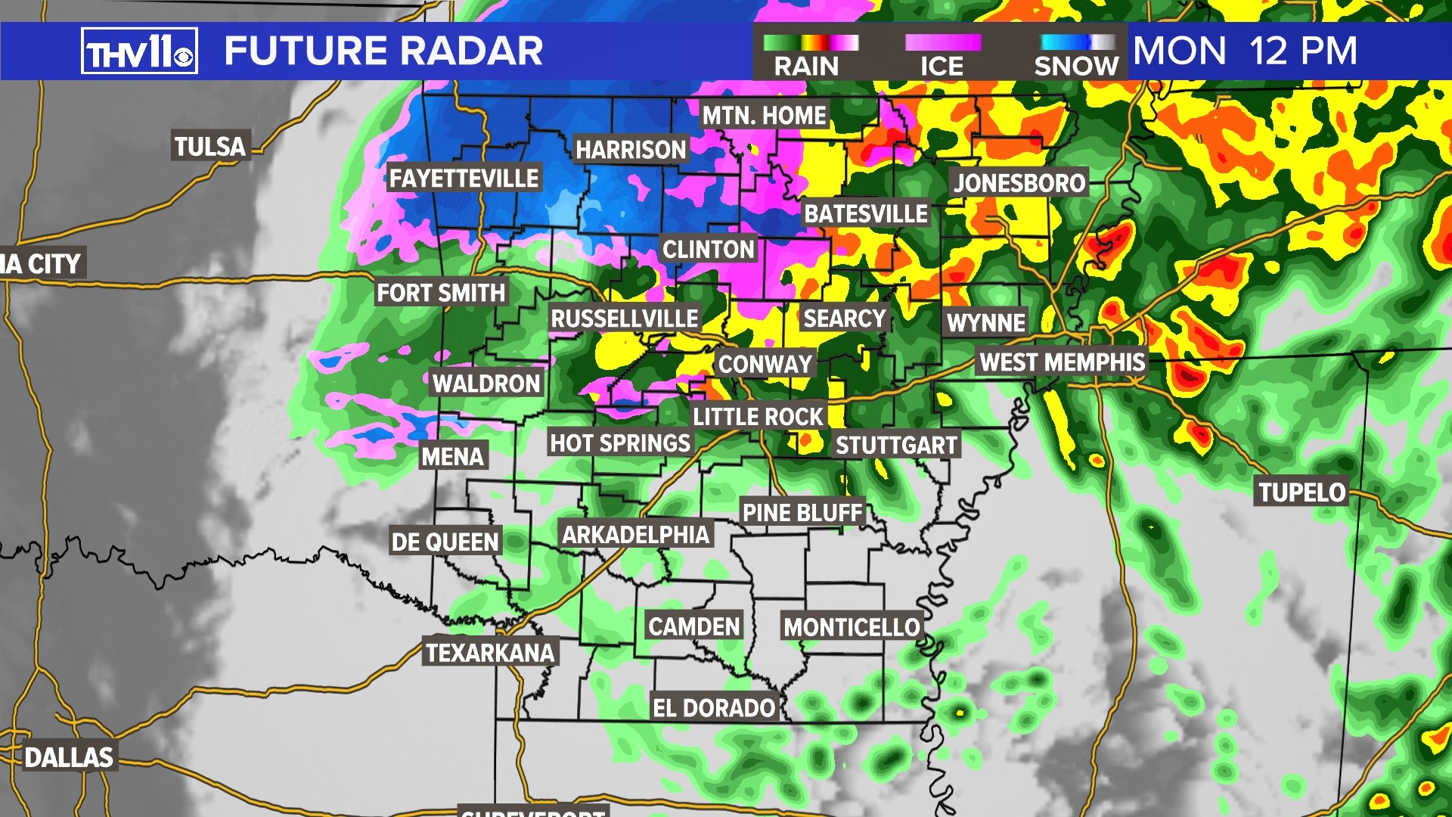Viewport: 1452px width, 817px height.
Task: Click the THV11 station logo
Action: tap(139, 51)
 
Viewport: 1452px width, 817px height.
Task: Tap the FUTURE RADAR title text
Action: tap(383, 51)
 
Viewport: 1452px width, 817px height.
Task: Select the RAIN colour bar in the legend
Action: tap(810, 42)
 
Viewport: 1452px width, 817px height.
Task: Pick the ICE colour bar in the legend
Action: tap(943, 42)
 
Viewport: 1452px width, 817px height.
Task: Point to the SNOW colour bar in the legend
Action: tap(1077, 42)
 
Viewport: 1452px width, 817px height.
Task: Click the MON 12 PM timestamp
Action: tap(1245, 51)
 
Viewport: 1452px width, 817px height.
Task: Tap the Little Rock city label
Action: tap(758, 416)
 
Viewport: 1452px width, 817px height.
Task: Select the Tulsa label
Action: tap(210, 146)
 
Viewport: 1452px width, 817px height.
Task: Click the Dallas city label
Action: tap(69, 757)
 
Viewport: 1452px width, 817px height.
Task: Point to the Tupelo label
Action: tap(1302, 492)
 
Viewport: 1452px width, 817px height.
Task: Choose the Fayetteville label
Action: tap(464, 179)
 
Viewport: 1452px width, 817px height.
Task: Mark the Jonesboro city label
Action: tap(1019, 182)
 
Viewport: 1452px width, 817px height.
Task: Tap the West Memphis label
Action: tap(1063, 362)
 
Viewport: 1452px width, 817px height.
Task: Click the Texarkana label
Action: tap(490, 653)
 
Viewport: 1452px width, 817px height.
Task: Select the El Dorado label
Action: tap(714, 708)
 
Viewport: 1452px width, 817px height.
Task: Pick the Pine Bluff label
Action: tap(802, 513)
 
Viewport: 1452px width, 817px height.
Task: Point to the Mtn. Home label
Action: tap(764, 116)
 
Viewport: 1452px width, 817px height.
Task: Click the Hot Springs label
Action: tap(620, 443)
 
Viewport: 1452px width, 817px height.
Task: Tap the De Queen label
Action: tap(445, 542)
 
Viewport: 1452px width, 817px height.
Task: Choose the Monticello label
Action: tap(852, 627)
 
